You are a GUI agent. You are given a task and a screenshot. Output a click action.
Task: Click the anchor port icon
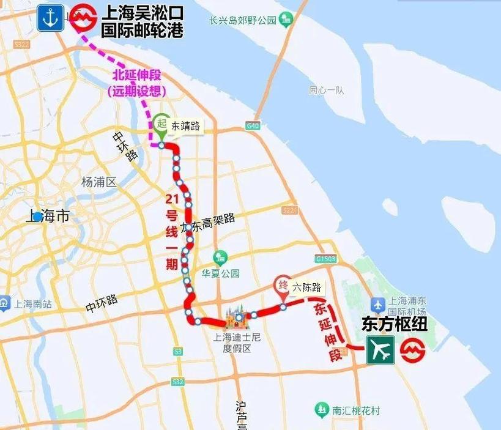(49, 18)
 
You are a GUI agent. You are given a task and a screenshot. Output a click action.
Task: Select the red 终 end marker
(283, 284)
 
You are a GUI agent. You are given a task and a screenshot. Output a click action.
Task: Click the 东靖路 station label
(185, 125)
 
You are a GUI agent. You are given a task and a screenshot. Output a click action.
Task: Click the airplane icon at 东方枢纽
(380, 350)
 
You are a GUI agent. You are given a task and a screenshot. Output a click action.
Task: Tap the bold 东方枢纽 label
(394, 324)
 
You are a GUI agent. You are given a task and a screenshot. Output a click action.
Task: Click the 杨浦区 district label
(98, 182)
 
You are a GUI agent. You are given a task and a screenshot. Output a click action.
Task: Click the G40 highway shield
(254, 126)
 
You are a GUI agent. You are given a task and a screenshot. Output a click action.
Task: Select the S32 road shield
(177, 382)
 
